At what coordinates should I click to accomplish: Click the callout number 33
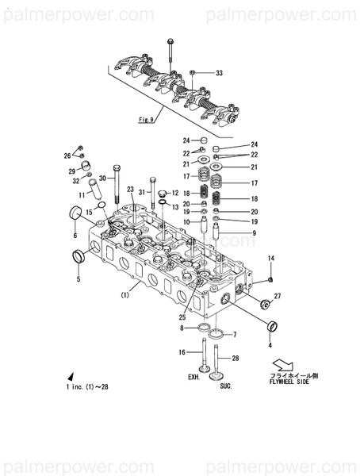pos(220,73)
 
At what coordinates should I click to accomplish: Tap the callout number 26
pos(68,156)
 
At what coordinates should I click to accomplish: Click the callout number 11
pos(82,194)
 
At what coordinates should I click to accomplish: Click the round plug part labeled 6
pos(77,212)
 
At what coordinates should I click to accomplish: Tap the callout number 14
pos(270,259)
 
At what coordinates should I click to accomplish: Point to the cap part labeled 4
pos(273,325)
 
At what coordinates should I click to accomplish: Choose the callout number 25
pos(183,317)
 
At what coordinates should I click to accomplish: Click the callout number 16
pos(182,351)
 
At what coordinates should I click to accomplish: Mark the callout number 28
pos(235,359)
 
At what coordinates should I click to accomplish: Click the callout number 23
pos(130,190)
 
